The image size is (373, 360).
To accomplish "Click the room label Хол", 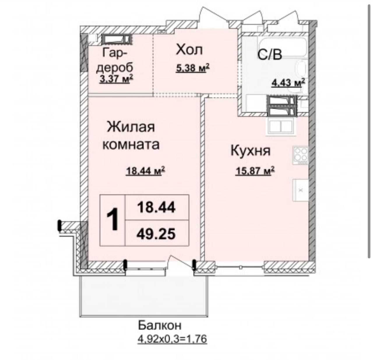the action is click(189, 50).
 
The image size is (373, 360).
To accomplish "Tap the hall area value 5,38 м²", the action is click(193, 68).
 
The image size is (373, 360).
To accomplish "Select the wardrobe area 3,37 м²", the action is click(116, 79).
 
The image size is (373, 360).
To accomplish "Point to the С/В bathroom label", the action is click(270, 54).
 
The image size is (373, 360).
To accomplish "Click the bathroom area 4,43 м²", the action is click(288, 83).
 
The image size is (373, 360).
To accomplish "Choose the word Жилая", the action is click(131, 127).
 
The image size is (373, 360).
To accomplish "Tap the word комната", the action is click(131, 145).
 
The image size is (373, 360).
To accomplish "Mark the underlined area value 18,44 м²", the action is click(145, 171).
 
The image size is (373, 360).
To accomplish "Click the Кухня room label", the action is click(250, 151).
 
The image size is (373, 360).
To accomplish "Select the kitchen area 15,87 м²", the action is click(255, 171).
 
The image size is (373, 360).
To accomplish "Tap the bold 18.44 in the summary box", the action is click(156, 208).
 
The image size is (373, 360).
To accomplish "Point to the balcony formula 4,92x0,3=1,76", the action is click(172, 339).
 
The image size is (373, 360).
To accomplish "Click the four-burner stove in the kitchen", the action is click(300, 155).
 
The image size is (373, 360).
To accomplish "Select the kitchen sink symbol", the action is click(300, 190).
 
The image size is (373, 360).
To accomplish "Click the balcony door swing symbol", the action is click(180, 263).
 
